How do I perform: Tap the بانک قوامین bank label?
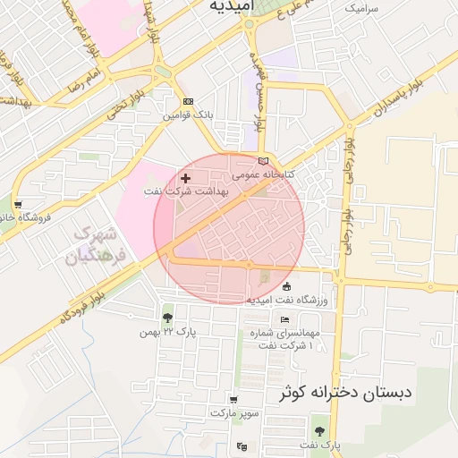189,115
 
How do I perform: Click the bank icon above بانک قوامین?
187,101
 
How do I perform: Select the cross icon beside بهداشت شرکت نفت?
185,179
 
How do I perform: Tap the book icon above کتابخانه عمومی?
262,160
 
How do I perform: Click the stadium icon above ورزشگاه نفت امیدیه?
286,286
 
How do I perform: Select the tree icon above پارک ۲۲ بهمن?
167,318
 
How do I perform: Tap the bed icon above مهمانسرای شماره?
284,320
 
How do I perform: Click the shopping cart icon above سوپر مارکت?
233,400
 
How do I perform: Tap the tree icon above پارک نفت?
318,431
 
